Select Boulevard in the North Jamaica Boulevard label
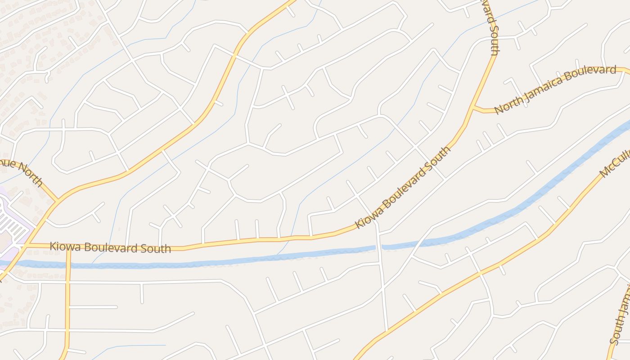click(x=590, y=73)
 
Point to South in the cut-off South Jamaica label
click(x=616, y=331)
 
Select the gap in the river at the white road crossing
click(x=378, y=247)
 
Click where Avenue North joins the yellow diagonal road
click(x=57, y=201)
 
